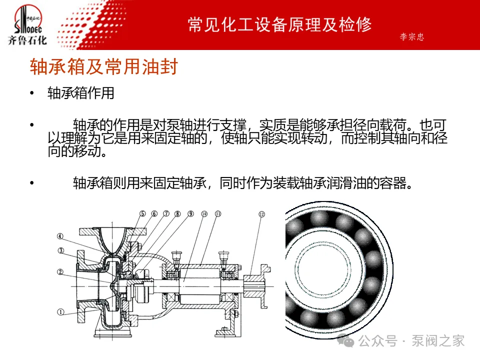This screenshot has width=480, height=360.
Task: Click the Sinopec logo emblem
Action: pyautogui.click(x=27, y=19)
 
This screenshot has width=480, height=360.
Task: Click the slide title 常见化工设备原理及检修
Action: pyautogui.click(x=280, y=25)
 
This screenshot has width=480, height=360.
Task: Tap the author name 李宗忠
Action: pyautogui.click(x=411, y=37)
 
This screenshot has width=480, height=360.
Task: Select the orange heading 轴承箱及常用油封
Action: pyautogui.click(x=104, y=66)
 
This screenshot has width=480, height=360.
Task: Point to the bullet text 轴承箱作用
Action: pyautogui.click(x=81, y=93)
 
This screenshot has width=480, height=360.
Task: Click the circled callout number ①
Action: pyautogui.click(x=60, y=312)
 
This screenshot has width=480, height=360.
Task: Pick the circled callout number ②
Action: pyautogui.click(x=60, y=272)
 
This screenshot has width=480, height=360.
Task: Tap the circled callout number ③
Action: pyautogui.click(x=61, y=250)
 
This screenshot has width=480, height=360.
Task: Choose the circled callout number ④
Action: pyautogui.click(x=60, y=236)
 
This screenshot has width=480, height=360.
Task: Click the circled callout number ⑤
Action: pyautogui.click(x=142, y=213)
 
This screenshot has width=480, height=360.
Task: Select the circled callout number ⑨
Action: pyautogui.click(x=190, y=213)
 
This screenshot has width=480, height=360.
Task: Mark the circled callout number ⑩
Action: pyautogui.click(x=204, y=213)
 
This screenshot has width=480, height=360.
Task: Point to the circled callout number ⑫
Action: pyautogui.click(x=261, y=214)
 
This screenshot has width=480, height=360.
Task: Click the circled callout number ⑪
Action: pyautogui.click(x=218, y=213)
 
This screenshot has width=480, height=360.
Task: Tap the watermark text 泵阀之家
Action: pyautogui.click(x=438, y=341)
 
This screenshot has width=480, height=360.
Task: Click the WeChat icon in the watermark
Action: pyautogui.click(x=345, y=341)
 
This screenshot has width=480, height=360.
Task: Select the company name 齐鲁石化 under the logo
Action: pyautogui.click(x=27, y=40)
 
